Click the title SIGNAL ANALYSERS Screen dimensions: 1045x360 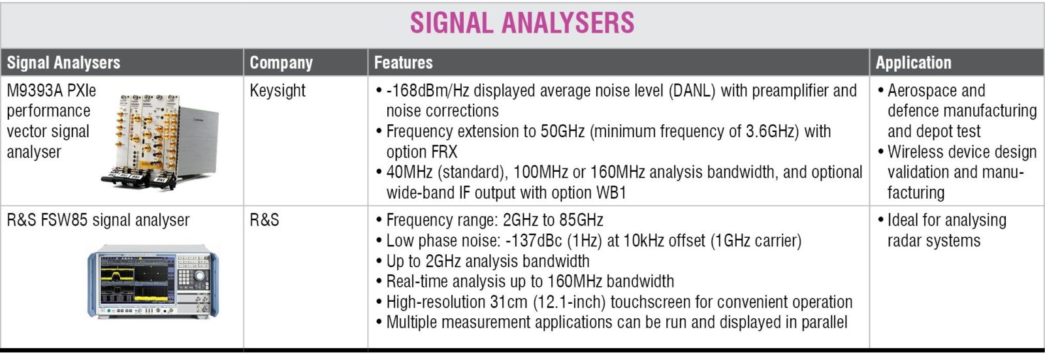[522, 23]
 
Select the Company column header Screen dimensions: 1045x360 [281, 63]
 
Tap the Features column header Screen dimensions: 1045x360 [403, 63]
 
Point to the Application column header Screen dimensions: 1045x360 [913, 63]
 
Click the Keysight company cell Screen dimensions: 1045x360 [277, 91]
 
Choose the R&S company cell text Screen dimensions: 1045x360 [264, 220]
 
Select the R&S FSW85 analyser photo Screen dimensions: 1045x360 [153, 282]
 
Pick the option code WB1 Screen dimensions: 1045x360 [611, 192]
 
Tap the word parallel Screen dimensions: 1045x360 [824, 322]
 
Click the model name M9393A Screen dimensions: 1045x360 [35, 91]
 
